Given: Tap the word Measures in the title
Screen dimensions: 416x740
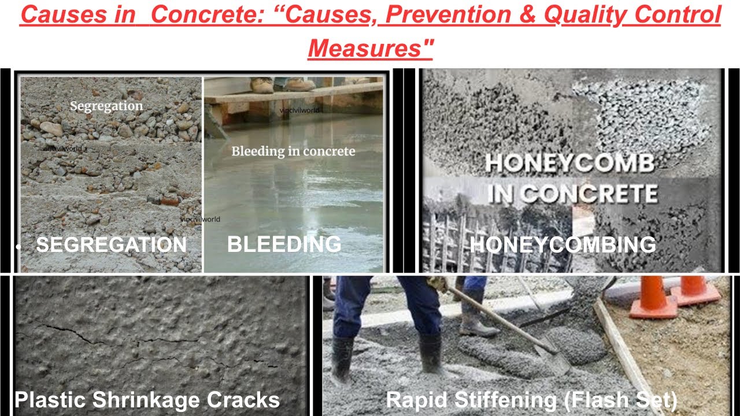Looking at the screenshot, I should [371, 48].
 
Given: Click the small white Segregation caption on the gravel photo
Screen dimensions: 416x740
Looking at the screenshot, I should [106, 106].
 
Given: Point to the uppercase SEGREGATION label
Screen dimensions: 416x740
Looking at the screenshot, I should [112, 245].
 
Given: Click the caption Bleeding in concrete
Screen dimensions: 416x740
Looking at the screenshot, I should [293, 152].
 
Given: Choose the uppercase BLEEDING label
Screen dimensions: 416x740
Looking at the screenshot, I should [284, 245].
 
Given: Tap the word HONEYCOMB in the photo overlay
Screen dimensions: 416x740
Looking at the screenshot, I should [569, 164].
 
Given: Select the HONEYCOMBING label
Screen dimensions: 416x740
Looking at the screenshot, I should [563, 245].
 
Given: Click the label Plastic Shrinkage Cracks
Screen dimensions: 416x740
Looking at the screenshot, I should [147, 400].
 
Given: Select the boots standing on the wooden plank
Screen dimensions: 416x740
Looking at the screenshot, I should [282, 85].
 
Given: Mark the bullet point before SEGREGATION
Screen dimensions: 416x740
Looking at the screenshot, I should [19, 247].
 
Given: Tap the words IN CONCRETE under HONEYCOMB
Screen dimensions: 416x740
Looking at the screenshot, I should [572, 193].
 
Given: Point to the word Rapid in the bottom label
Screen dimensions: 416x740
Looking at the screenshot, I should [413, 400].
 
